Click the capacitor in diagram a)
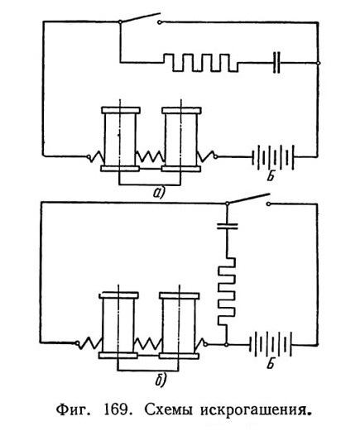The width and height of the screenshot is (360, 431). pyautogui.click(x=276, y=63)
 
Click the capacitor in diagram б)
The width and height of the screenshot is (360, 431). pyautogui.click(x=227, y=226)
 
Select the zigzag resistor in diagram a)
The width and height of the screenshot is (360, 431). pyautogui.click(x=201, y=63)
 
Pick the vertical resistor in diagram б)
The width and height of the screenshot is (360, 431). pyautogui.click(x=227, y=291)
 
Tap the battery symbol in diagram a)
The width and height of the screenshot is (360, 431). pyautogui.click(x=273, y=157)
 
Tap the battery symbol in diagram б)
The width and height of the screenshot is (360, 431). pyautogui.click(x=271, y=345)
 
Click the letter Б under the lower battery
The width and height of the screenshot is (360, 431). pyautogui.click(x=271, y=364)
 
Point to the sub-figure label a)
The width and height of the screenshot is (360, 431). pyautogui.click(x=159, y=193)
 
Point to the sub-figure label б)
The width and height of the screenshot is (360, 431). pyautogui.click(x=161, y=381)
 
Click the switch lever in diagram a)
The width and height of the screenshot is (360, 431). pyautogui.click(x=140, y=17)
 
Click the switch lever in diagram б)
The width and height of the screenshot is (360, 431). pyautogui.click(x=247, y=199)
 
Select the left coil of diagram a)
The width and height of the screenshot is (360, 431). pyautogui.click(x=120, y=139)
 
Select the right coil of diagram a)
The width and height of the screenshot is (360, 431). pyautogui.click(x=181, y=139)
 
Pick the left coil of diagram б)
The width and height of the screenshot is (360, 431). pyautogui.click(x=118, y=325)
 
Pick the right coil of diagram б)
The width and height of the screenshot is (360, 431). pyautogui.click(x=180, y=325)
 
